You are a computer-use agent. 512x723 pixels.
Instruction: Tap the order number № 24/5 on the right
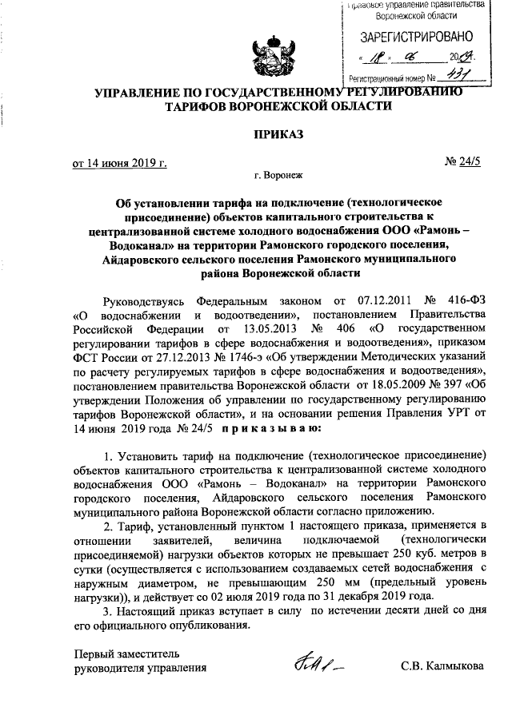tap(461, 164)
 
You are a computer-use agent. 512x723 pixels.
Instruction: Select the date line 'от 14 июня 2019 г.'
tap(119, 164)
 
